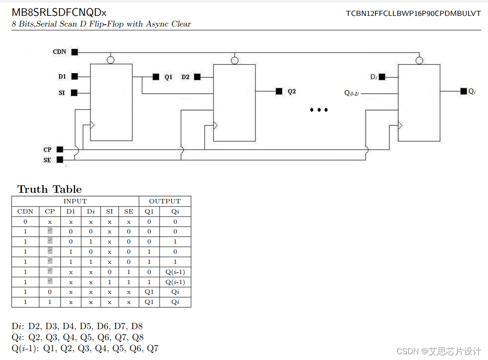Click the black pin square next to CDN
(75, 52)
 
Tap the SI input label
(62, 93)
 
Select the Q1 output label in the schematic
(169, 77)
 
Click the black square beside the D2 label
(197, 77)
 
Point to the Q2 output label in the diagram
(292, 92)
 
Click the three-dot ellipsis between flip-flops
(319, 110)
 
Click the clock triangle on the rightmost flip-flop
(400, 126)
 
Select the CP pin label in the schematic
(48, 150)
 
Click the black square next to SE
(60, 160)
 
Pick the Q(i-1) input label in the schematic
(351, 93)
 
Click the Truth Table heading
(49, 189)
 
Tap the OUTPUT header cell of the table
(165, 201)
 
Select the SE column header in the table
(128, 211)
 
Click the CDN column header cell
(25, 211)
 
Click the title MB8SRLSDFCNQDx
(59, 13)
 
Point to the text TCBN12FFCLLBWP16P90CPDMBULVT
(413, 13)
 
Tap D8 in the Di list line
(137, 327)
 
